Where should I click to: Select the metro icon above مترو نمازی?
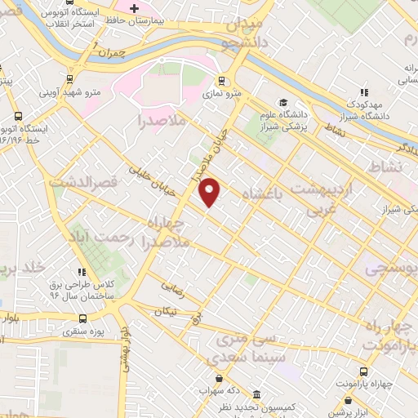220,81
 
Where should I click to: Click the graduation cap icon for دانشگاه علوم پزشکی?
283,103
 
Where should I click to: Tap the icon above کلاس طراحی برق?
81,272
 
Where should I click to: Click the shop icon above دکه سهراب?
219,377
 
